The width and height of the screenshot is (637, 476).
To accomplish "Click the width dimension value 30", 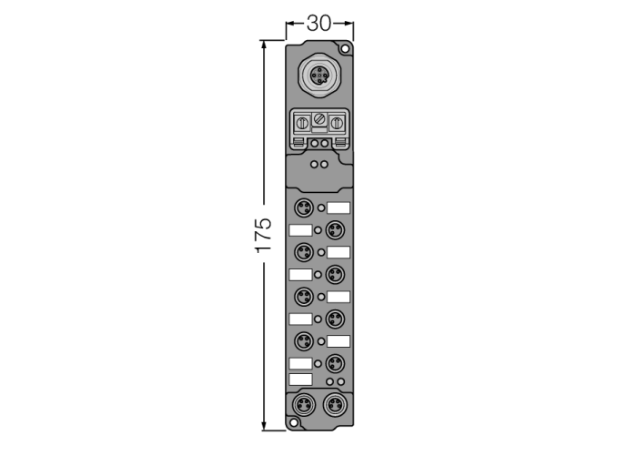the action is (318, 24).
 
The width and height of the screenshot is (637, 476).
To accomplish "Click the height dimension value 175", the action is (263, 236).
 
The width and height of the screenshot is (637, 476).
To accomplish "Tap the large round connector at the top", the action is (319, 76).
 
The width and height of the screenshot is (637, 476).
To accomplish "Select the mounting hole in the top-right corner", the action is (345, 49).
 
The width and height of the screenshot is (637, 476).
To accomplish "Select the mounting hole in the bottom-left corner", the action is (293, 423).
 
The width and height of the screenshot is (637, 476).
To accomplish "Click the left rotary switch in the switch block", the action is (302, 123).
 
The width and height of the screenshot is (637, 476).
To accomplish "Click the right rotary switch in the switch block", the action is (337, 123).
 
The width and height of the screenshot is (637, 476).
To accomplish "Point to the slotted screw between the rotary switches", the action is (319, 120).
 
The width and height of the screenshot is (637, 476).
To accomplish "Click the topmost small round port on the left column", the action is (303, 208).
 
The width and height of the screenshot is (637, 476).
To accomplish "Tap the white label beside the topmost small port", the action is (339, 208).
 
